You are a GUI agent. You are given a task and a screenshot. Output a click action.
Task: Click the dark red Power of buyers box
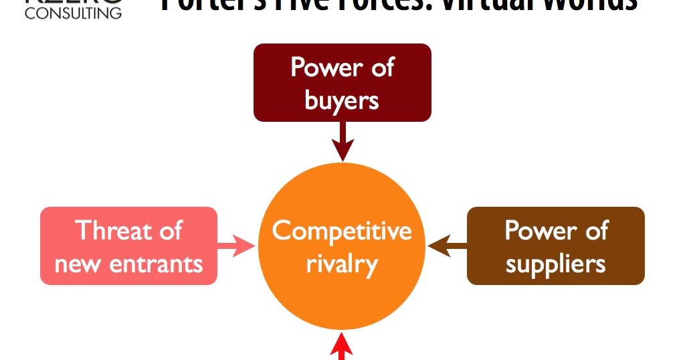[x=342, y=82]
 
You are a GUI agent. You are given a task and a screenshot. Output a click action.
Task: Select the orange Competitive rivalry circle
[x=342, y=248]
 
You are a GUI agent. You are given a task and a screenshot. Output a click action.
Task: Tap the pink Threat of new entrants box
[x=128, y=246]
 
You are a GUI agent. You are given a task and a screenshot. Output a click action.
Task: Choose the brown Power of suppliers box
[x=555, y=246]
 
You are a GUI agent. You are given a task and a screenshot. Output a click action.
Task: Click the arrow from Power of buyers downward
[x=342, y=141]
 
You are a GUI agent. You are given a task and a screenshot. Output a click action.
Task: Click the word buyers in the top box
[x=342, y=100]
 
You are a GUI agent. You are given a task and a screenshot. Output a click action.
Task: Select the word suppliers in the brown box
[x=555, y=264]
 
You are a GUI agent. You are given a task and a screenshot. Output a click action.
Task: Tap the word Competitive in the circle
[x=342, y=231]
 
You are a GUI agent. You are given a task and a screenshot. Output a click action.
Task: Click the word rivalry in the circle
[x=342, y=264]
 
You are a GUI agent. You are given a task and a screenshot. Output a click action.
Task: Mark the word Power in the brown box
[x=531, y=230]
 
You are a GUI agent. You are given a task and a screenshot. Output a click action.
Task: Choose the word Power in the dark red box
[x=318, y=67]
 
